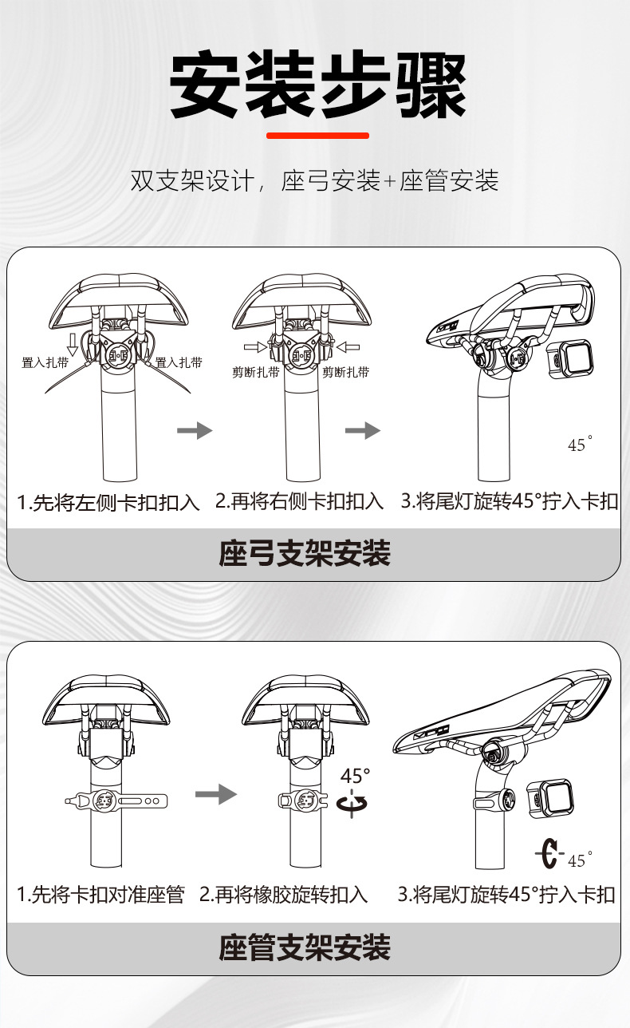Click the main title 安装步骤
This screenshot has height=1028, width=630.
(x=317, y=85)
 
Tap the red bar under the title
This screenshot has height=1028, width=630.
(x=317, y=136)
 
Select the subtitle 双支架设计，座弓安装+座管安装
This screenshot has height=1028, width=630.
(x=315, y=181)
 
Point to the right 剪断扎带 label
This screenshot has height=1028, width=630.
(x=345, y=372)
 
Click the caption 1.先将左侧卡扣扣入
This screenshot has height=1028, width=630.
(x=108, y=502)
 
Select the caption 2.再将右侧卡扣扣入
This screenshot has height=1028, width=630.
(x=300, y=501)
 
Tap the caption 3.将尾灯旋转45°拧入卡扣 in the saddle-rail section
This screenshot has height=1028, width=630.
(x=509, y=501)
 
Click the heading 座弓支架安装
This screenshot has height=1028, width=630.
(x=305, y=553)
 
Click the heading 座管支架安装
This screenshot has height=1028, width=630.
(x=305, y=947)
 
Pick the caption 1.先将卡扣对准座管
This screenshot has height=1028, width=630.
(x=100, y=894)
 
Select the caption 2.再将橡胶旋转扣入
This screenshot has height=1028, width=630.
(x=284, y=894)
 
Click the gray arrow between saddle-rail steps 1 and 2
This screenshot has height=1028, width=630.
(x=195, y=431)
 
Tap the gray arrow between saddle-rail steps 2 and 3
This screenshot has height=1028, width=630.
(x=363, y=431)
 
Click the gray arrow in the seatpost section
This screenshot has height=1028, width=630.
(x=216, y=794)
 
